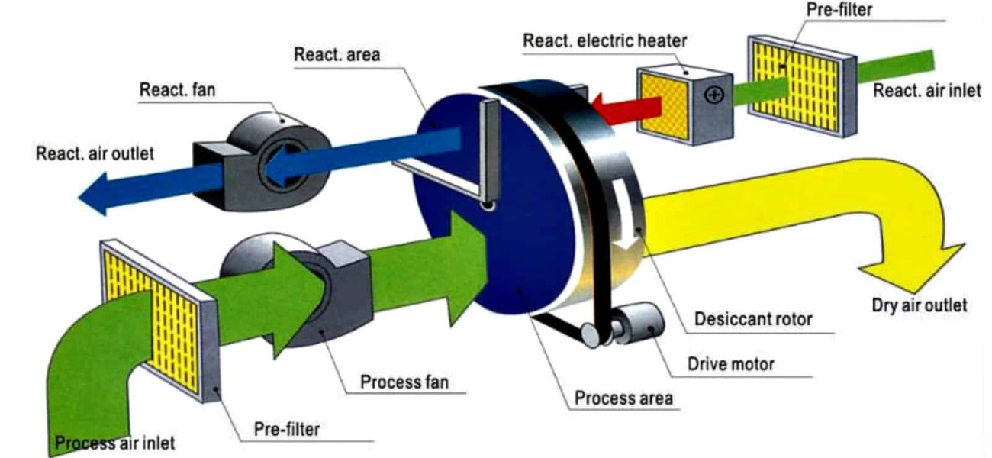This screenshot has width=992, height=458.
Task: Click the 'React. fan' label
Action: pos(176,90)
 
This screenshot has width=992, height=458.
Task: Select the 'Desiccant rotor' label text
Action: pos(753,318)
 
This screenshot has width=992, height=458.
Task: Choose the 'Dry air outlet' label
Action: pos(919,305)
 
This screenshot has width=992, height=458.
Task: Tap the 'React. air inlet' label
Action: pos(926,91)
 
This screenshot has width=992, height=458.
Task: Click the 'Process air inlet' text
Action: pos(114,442)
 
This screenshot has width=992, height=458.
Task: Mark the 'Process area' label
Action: pos(623,398)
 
